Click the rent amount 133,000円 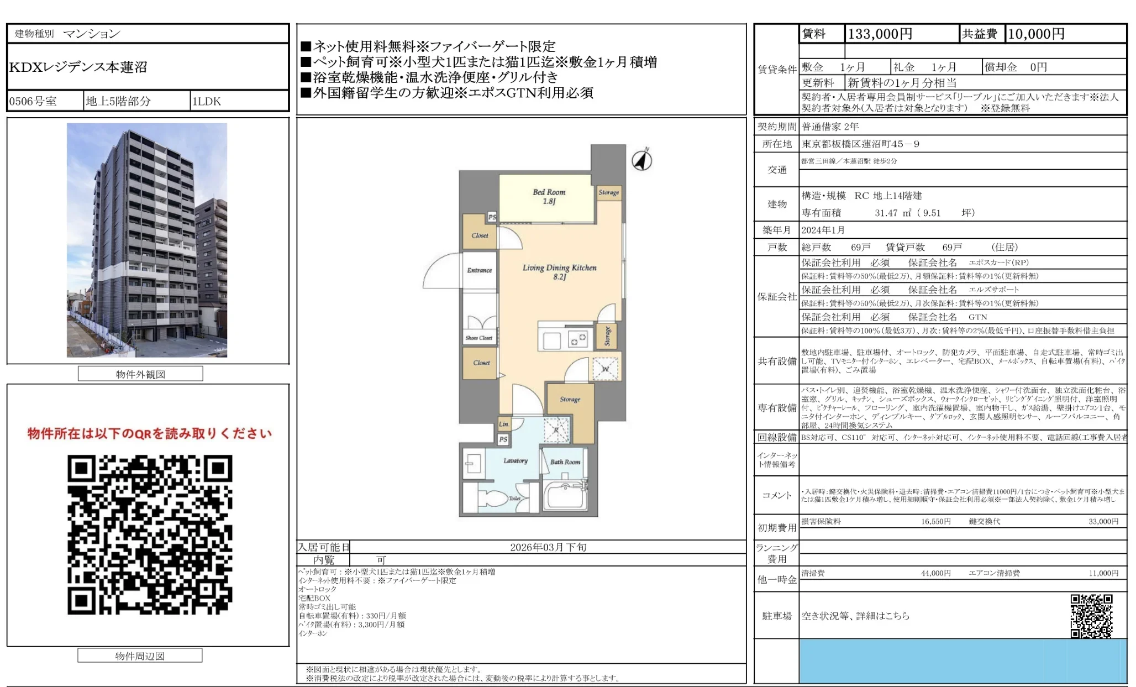pyautogui.click(x=880, y=34)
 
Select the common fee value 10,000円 pyautogui.click(x=1036, y=34)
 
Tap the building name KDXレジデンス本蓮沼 pyautogui.click(x=78, y=67)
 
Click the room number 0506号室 pyautogui.click(x=33, y=101)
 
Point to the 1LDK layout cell pyautogui.click(x=207, y=101)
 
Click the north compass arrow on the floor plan pyautogui.click(x=641, y=160)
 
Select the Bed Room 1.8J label pyautogui.click(x=549, y=196)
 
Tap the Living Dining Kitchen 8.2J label pyautogui.click(x=559, y=271)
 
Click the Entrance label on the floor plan pyautogui.click(x=479, y=270)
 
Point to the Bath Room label pyautogui.click(x=565, y=462)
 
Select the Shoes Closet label pyautogui.click(x=478, y=338)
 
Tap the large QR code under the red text pyautogui.click(x=150, y=534)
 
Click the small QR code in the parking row pyautogui.click(x=1091, y=616)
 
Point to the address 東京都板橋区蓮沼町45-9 pyautogui.click(x=860, y=144)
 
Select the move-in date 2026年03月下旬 pyautogui.click(x=548, y=547)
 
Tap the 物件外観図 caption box pyautogui.click(x=140, y=374)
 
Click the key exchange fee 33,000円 pyautogui.click(x=1103, y=521)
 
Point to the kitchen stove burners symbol pyautogui.click(x=578, y=338)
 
